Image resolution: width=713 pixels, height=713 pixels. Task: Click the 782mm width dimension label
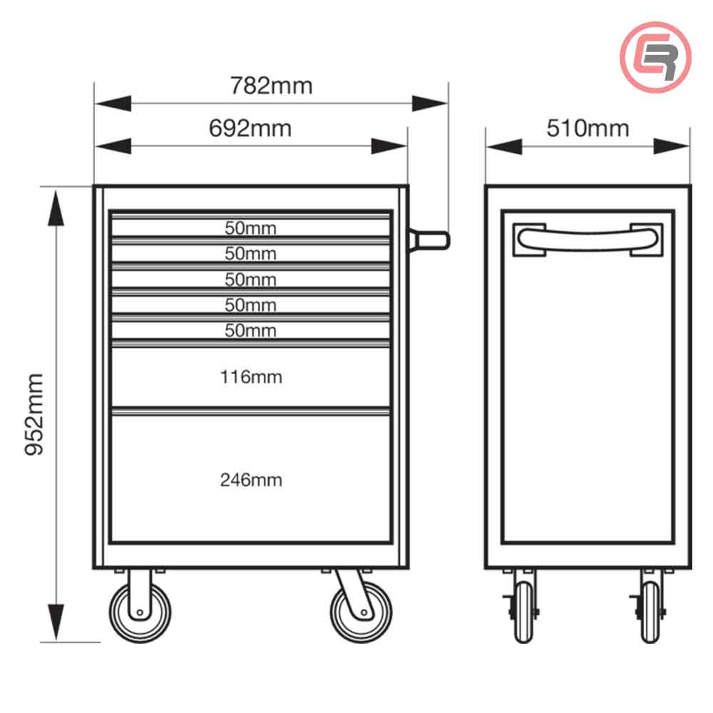click(x=271, y=86)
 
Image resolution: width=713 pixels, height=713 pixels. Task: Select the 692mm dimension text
click(x=250, y=128)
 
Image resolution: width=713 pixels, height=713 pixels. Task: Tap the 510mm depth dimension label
click(x=588, y=128)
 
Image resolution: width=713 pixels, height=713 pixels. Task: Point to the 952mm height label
click(x=34, y=414)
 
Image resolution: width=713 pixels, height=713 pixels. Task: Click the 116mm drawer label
click(x=251, y=377)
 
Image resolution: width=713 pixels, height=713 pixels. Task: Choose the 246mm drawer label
click(x=251, y=480)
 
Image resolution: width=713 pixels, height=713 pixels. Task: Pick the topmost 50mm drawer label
click(x=250, y=228)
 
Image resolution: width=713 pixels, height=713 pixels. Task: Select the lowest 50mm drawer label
click(x=250, y=330)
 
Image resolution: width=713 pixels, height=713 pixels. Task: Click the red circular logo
click(x=656, y=57)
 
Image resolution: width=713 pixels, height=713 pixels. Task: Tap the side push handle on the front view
click(x=429, y=240)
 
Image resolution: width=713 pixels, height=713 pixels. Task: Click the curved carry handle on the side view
click(x=588, y=240)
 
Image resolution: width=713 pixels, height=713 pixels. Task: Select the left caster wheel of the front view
click(x=140, y=612)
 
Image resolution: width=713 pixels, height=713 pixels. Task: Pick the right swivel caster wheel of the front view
click(x=361, y=612)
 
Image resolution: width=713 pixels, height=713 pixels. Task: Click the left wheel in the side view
click(x=523, y=612)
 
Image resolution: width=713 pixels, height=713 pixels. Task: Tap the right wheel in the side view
click(x=650, y=612)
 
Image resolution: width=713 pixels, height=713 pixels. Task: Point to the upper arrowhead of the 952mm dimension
click(x=56, y=208)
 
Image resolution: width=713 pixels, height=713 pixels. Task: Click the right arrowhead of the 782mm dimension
click(x=430, y=103)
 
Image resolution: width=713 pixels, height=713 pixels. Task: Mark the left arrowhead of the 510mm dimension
click(x=504, y=146)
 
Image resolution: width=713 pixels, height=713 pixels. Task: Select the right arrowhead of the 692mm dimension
click(x=389, y=146)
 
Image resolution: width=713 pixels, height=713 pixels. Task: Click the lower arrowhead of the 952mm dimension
click(x=56, y=622)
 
